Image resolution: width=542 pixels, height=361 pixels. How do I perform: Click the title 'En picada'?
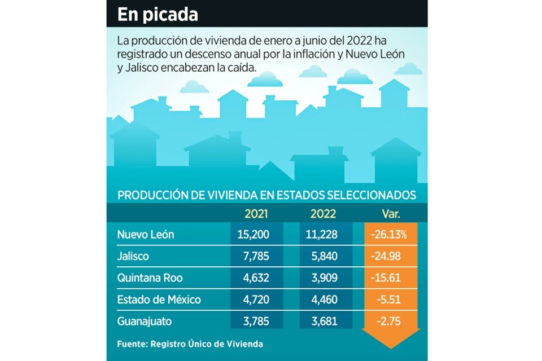point(158,15)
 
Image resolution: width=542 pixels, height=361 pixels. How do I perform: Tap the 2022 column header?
point(323,214)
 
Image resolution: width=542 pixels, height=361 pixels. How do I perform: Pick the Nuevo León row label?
point(145,235)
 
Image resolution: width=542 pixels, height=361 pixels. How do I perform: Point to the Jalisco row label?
point(133,256)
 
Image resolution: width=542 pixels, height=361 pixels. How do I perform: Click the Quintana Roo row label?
point(150,278)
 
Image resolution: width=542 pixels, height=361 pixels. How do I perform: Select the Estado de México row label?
point(159,299)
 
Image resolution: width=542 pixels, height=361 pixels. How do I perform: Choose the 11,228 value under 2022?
point(323,235)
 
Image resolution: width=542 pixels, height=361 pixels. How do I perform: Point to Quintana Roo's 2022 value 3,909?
point(323,278)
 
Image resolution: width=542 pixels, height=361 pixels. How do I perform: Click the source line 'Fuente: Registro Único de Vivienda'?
point(190,344)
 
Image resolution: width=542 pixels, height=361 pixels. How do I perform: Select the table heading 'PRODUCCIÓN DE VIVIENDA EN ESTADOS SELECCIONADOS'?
point(266,195)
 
